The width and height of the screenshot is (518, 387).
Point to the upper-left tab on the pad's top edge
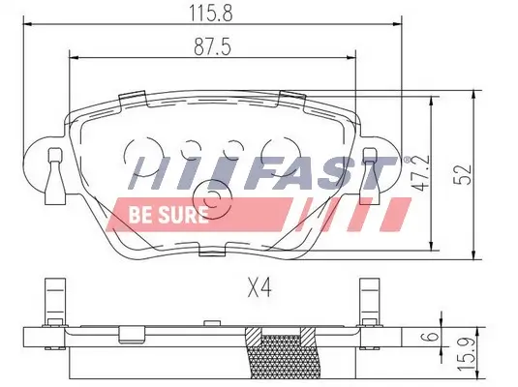point(128,97)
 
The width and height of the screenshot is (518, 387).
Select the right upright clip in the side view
point(370,304)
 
